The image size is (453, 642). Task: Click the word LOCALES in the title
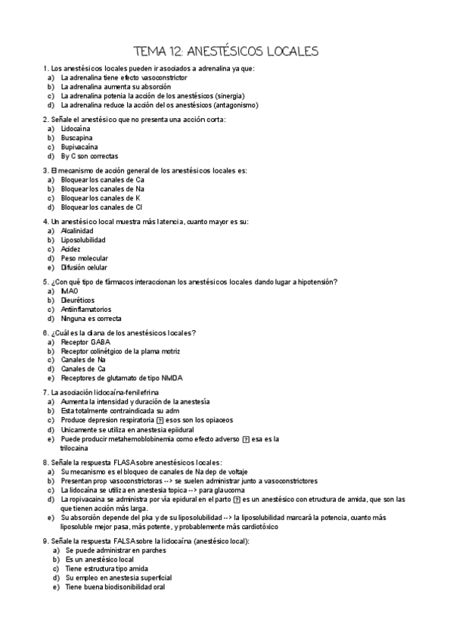pos(283,51)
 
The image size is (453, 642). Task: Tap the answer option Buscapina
pos(77,139)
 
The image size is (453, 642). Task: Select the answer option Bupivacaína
pos(81,147)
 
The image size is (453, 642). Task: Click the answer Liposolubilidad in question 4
pos(83,240)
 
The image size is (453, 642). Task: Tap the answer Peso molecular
pos(84,257)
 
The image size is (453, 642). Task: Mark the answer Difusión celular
pos(84,266)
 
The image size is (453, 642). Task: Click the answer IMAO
pos(70,291)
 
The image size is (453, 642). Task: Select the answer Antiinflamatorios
pos(86,309)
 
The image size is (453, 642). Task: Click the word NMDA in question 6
pos(172,378)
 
